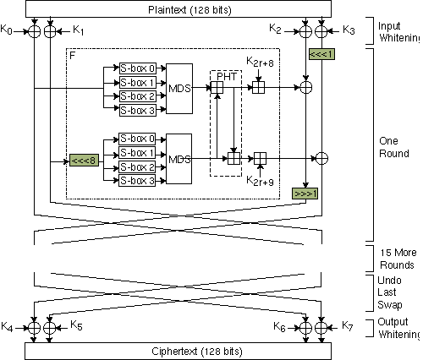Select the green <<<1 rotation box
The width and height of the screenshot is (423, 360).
pyautogui.click(x=321, y=55)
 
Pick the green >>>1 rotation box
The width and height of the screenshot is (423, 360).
pyautogui.click(x=305, y=193)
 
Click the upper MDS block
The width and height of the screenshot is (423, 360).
pyautogui.click(x=179, y=89)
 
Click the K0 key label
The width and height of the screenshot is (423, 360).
pyautogui.click(x=8, y=30)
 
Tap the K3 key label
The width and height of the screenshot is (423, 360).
pyautogui.click(x=349, y=30)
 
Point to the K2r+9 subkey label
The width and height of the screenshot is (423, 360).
pyautogui.click(x=259, y=181)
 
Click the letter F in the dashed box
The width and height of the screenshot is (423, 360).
pyautogui.click(x=73, y=53)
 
